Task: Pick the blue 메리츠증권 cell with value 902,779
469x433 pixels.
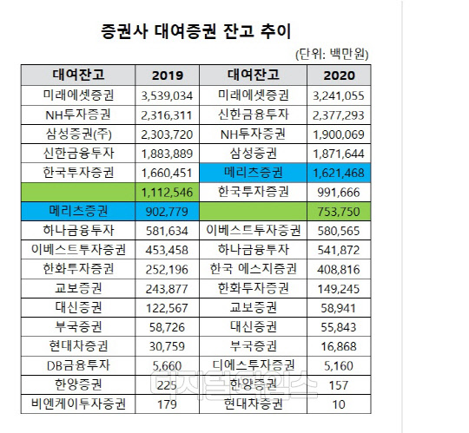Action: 78,211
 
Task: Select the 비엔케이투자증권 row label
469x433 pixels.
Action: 78,404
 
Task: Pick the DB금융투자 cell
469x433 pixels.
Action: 78,365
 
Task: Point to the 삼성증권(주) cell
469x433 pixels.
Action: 78,133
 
